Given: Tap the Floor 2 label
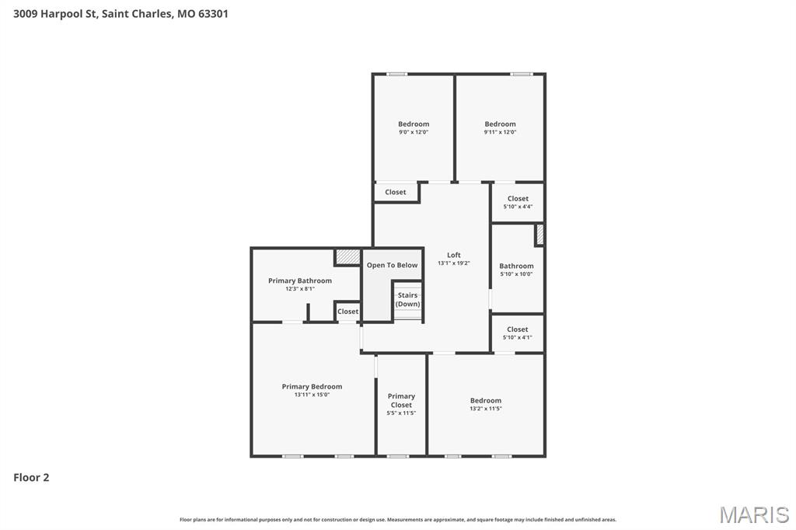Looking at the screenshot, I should pyautogui.click(x=31, y=478).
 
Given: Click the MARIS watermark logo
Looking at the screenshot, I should pyautogui.click(x=753, y=514).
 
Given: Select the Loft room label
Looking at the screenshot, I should pyautogui.click(x=454, y=255).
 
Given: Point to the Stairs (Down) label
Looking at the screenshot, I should pyautogui.click(x=407, y=299).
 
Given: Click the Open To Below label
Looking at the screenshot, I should pyautogui.click(x=392, y=265).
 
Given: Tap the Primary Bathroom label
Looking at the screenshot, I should pyautogui.click(x=300, y=281).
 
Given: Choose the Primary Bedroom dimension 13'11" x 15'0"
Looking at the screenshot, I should pyautogui.click(x=312, y=395).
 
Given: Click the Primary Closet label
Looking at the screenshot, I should pyautogui.click(x=401, y=400).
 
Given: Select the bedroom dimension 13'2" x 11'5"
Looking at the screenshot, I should pyautogui.click(x=486, y=409).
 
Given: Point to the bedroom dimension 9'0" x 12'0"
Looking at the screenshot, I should pyautogui.click(x=414, y=132).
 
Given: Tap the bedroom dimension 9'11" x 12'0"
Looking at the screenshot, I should pyautogui.click(x=500, y=132).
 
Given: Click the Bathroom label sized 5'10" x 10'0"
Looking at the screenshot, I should pyautogui.click(x=516, y=266).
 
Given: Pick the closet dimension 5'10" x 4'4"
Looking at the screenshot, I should pyautogui.click(x=518, y=207).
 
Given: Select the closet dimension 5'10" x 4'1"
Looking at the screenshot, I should pyautogui.click(x=517, y=337).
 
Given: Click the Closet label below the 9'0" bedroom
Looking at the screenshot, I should pyautogui.click(x=396, y=192).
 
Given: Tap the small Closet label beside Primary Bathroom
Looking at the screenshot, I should pyautogui.click(x=347, y=312).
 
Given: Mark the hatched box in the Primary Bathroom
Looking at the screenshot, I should pyautogui.click(x=347, y=256).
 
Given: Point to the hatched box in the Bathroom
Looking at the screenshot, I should pyautogui.click(x=539, y=235).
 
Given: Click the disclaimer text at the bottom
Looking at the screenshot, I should pyautogui.click(x=397, y=520).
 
